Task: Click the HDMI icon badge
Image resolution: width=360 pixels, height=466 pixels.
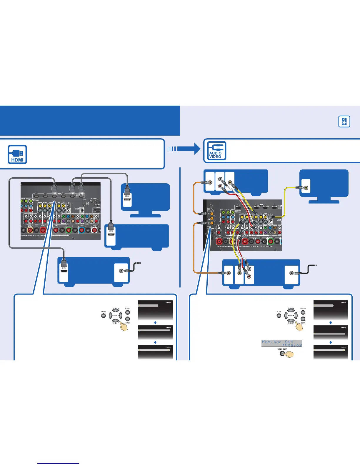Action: tap(17, 154)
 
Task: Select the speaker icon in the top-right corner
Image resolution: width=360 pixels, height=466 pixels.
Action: tap(344, 121)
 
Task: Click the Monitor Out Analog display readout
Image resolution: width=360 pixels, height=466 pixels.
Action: tap(281, 343)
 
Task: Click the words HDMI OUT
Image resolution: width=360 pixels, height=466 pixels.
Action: tap(282, 349)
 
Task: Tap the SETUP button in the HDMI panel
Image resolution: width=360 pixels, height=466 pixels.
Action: tap(104, 316)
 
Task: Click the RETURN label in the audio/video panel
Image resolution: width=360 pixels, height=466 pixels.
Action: tap(303, 308)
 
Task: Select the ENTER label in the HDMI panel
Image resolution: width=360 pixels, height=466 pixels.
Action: tap(127, 323)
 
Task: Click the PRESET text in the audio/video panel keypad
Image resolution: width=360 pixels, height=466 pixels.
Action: tap(291, 316)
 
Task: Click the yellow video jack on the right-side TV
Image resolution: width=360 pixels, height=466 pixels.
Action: tap(306, 187)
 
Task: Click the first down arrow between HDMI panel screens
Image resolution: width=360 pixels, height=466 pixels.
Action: tap(155, 323)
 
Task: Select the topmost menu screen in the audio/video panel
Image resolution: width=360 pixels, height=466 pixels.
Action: tap(331, 310)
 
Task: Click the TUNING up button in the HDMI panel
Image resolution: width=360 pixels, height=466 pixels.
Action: tap(115, 311)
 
